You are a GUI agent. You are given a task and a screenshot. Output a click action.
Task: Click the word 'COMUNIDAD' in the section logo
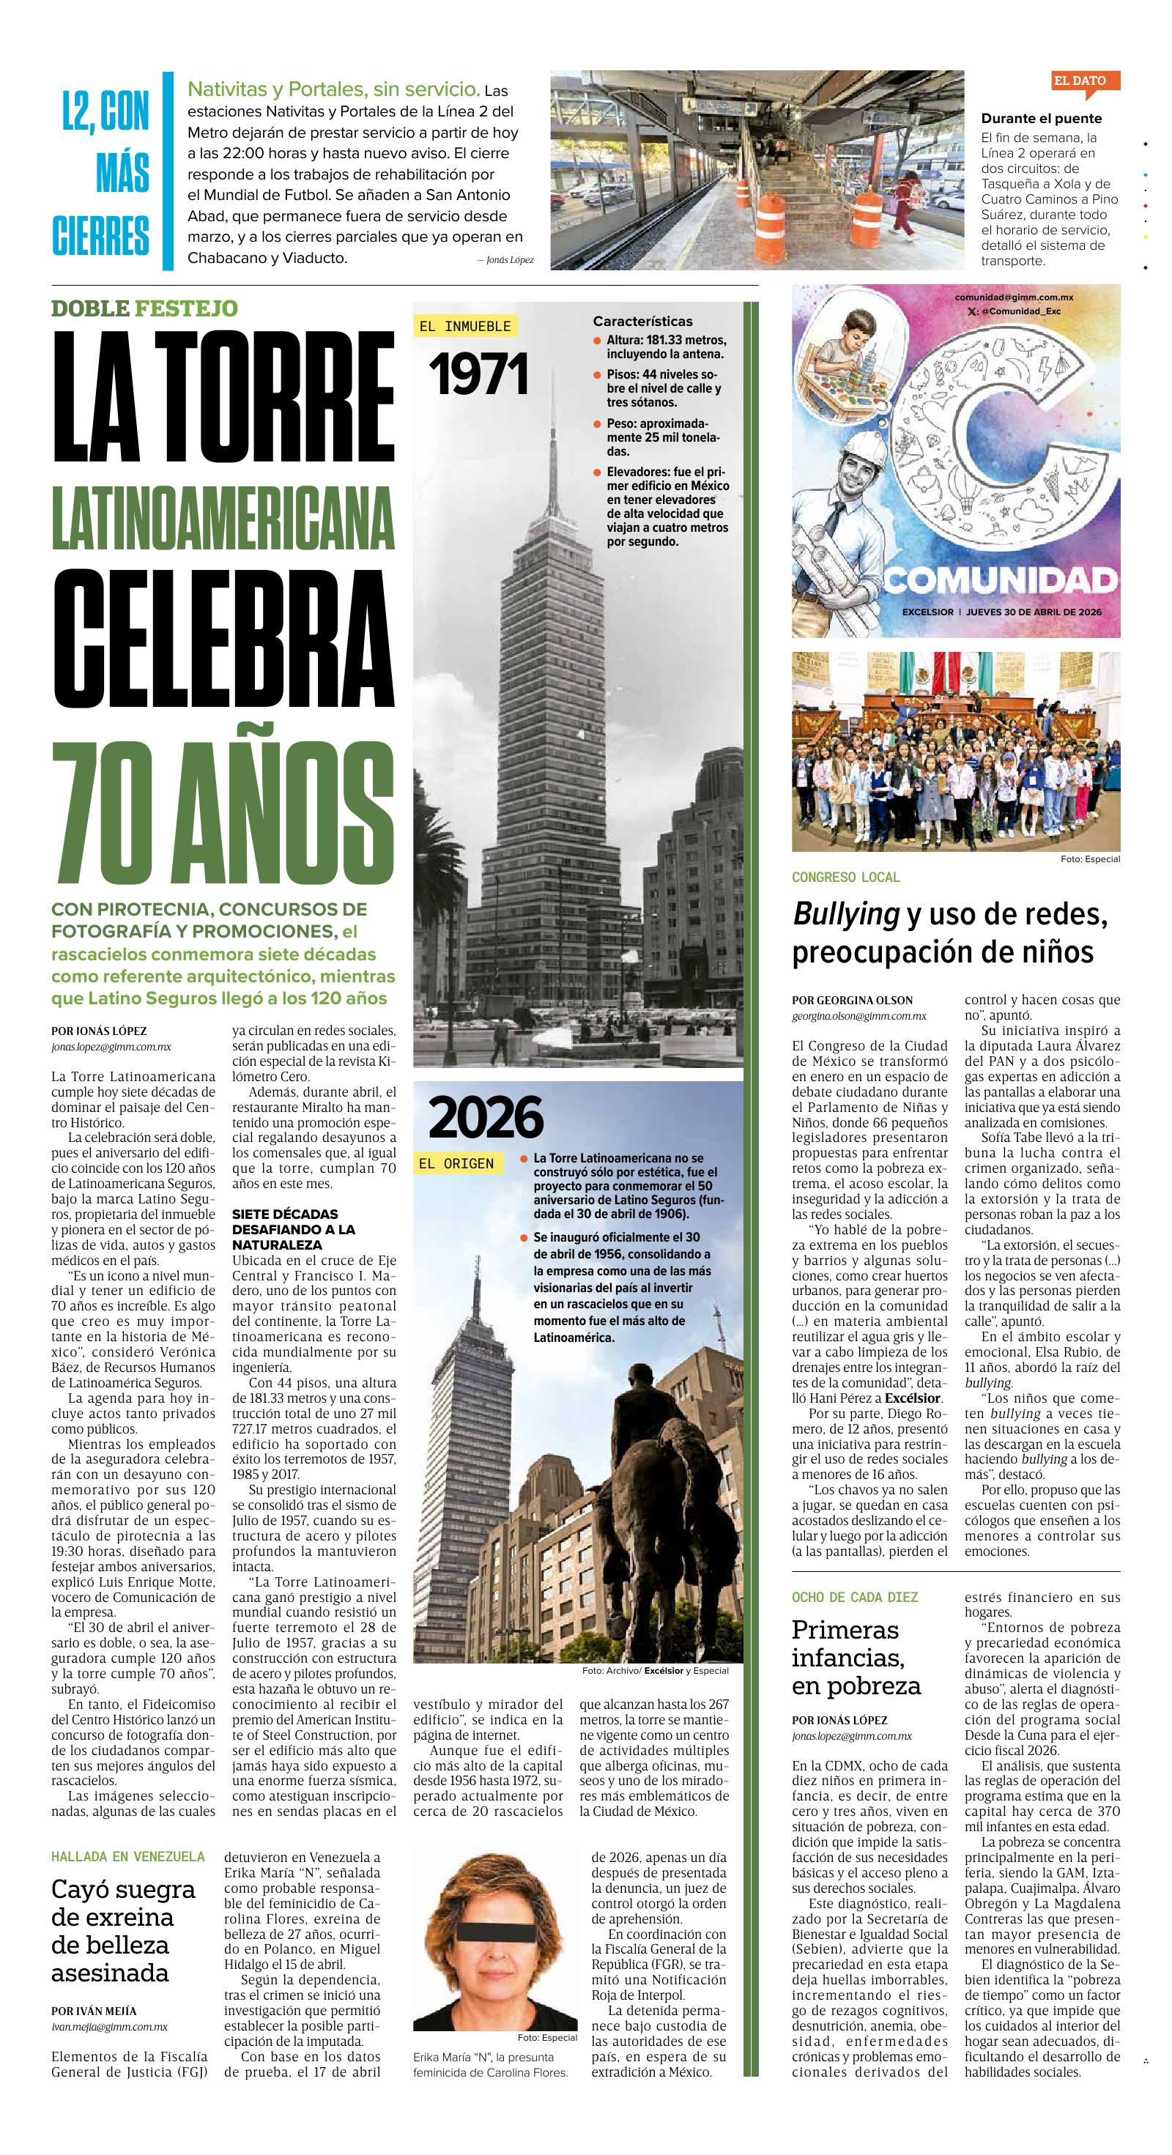(1001, 578)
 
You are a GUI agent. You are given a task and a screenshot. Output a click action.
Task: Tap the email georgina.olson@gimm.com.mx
(859, 1015)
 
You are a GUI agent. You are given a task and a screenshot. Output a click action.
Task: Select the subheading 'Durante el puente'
(1042, 119)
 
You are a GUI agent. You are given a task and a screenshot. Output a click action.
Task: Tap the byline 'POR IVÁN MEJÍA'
(94, 2010)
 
